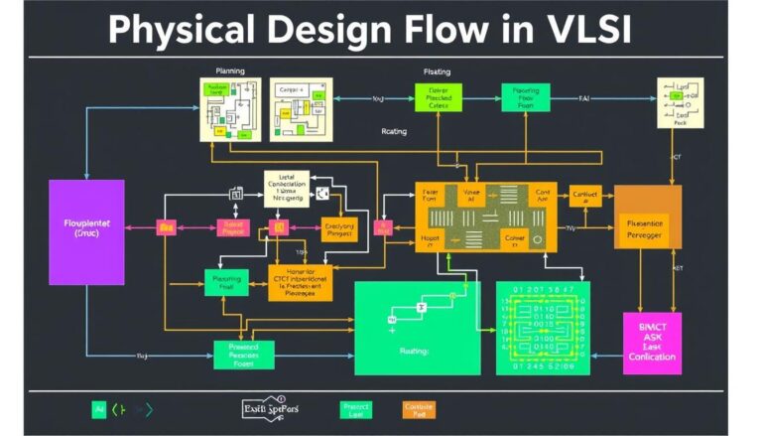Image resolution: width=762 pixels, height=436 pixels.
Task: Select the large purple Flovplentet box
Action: pos(86,232)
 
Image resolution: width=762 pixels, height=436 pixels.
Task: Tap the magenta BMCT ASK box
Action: pos(652,342)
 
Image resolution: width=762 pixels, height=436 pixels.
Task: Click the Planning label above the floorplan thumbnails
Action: pos(230,72)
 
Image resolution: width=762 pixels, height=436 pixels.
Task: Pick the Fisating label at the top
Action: pos(437,72)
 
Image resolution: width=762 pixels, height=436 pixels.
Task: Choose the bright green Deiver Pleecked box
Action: pos(439,97)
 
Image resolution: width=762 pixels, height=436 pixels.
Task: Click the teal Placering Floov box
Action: pos(526,97)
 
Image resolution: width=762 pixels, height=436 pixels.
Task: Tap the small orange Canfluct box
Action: pos(584,197)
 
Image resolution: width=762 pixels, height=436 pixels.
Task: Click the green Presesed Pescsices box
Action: pos(243,354)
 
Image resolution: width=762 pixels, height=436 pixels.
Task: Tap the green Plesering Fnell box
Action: pos(226,283)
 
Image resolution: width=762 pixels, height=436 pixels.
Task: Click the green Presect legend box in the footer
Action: pos(354,408)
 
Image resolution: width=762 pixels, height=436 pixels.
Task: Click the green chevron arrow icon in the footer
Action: pos(118,408)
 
